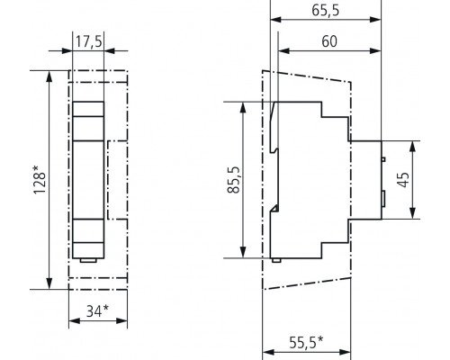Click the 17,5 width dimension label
coord(88,41)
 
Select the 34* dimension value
coord(90,313)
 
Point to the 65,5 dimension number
coord(324,11)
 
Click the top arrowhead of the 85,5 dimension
coord(243,105)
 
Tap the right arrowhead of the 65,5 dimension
coord(382,22)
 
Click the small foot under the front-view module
coord(88,261)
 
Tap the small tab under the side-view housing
coord(277,261)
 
